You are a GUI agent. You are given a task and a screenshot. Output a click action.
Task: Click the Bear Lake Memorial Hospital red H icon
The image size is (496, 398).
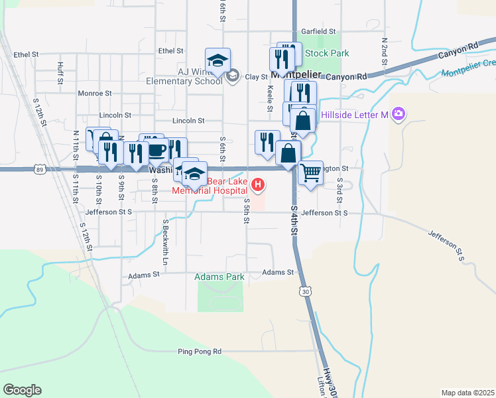(260, 184)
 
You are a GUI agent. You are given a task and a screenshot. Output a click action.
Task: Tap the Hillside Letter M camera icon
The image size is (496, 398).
(398, 115)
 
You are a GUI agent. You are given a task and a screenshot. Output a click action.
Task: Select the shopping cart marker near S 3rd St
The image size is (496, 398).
(310, 173)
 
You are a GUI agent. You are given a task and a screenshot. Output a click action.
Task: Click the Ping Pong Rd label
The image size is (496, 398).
(199, 351)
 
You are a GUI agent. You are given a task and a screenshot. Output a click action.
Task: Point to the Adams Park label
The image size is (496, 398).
(219, 277)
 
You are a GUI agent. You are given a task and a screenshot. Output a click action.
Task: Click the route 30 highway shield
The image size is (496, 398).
(304, 291)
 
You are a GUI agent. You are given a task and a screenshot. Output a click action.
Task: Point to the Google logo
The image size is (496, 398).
(22, 390)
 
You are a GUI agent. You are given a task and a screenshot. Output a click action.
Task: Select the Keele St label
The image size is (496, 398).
(270, 97)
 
